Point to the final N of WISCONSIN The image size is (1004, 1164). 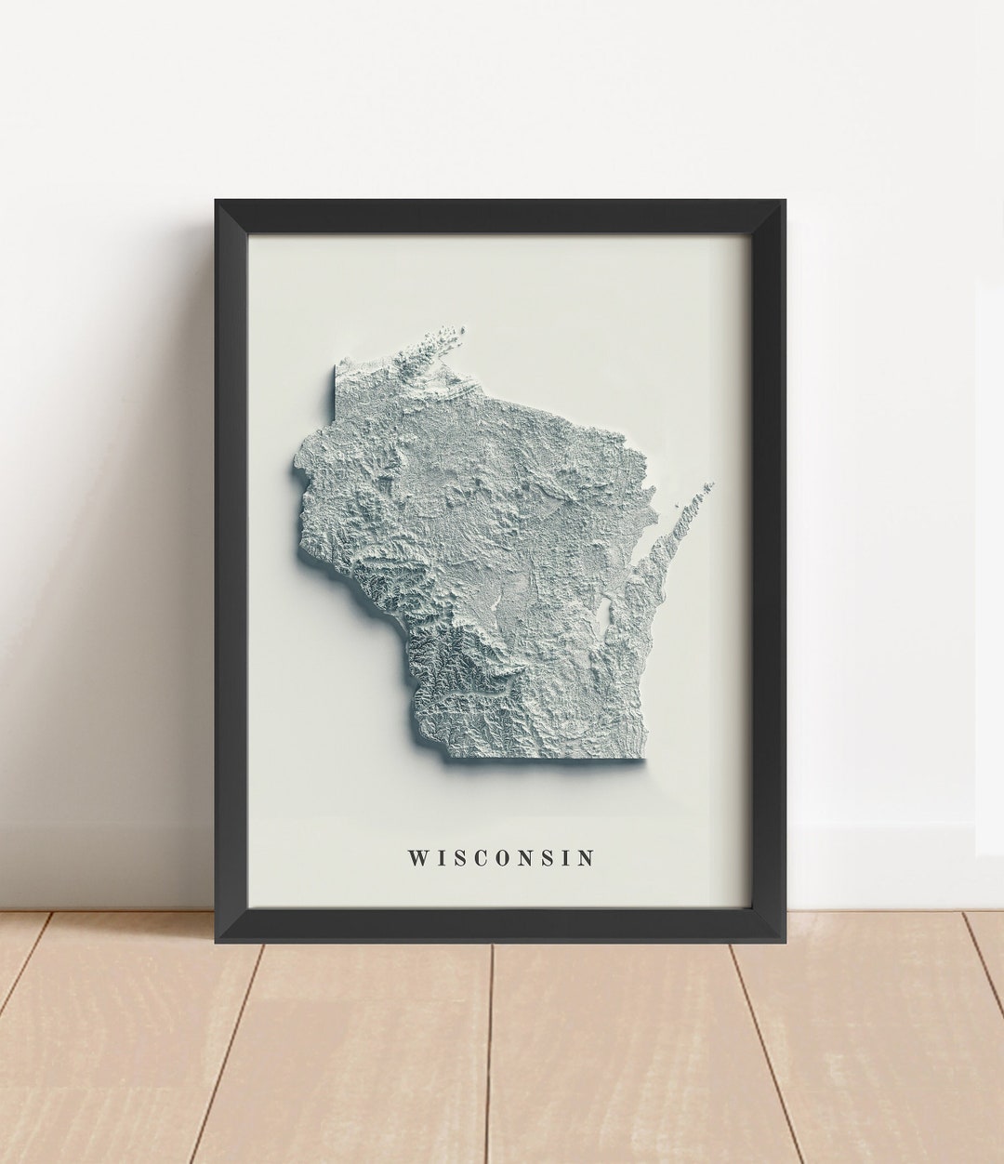585,857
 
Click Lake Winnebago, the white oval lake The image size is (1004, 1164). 606,614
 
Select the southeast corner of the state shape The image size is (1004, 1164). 641,761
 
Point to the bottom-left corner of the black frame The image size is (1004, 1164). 217,941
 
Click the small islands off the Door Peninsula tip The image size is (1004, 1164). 709,485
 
